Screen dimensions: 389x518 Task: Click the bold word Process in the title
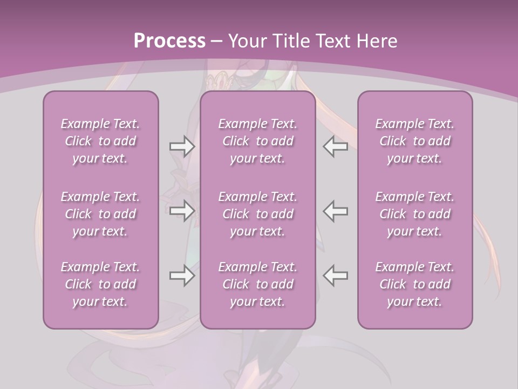pos(169,41)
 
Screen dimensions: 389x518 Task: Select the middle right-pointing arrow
pos(182,211)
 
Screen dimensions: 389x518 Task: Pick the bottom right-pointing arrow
pos(182,276)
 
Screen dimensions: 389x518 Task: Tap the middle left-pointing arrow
pos(336,211)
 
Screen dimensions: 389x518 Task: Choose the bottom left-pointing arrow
pos(336,276)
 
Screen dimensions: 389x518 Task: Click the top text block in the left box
pos(100,141)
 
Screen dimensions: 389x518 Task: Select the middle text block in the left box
pos(100,214)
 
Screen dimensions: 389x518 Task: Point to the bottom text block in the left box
pos(100,284)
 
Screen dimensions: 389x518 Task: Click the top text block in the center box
pos(257,141)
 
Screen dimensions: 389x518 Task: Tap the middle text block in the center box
pos(257,214)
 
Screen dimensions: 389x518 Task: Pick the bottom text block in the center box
pos(257,284)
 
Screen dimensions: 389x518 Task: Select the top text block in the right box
pos(414,141)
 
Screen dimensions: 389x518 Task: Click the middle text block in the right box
pos(414,214)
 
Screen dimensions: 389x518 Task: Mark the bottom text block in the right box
pos(414,284)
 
